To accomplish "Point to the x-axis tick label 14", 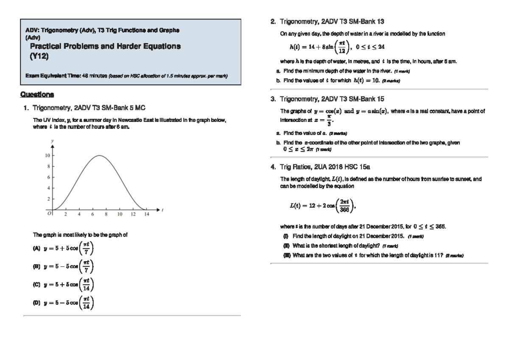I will pyautogui.click(x=146, y=215).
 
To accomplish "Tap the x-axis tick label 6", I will pyautogui.click(x=92, y=215).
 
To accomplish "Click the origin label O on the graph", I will pyautogui.click(x=49, y=214).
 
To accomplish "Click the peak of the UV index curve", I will pyautogui.click(x=99, y=156).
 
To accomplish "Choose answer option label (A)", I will pyautogui.click(x=36, y=248).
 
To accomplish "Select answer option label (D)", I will pyautogui.click(x=36, y=303).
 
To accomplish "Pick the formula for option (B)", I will pyautogui.click(x=69, y=267).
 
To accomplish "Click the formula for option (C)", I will pyautogui.click(x=69, y=285).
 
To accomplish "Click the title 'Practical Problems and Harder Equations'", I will pyautogui.click(x=105, y=46).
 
